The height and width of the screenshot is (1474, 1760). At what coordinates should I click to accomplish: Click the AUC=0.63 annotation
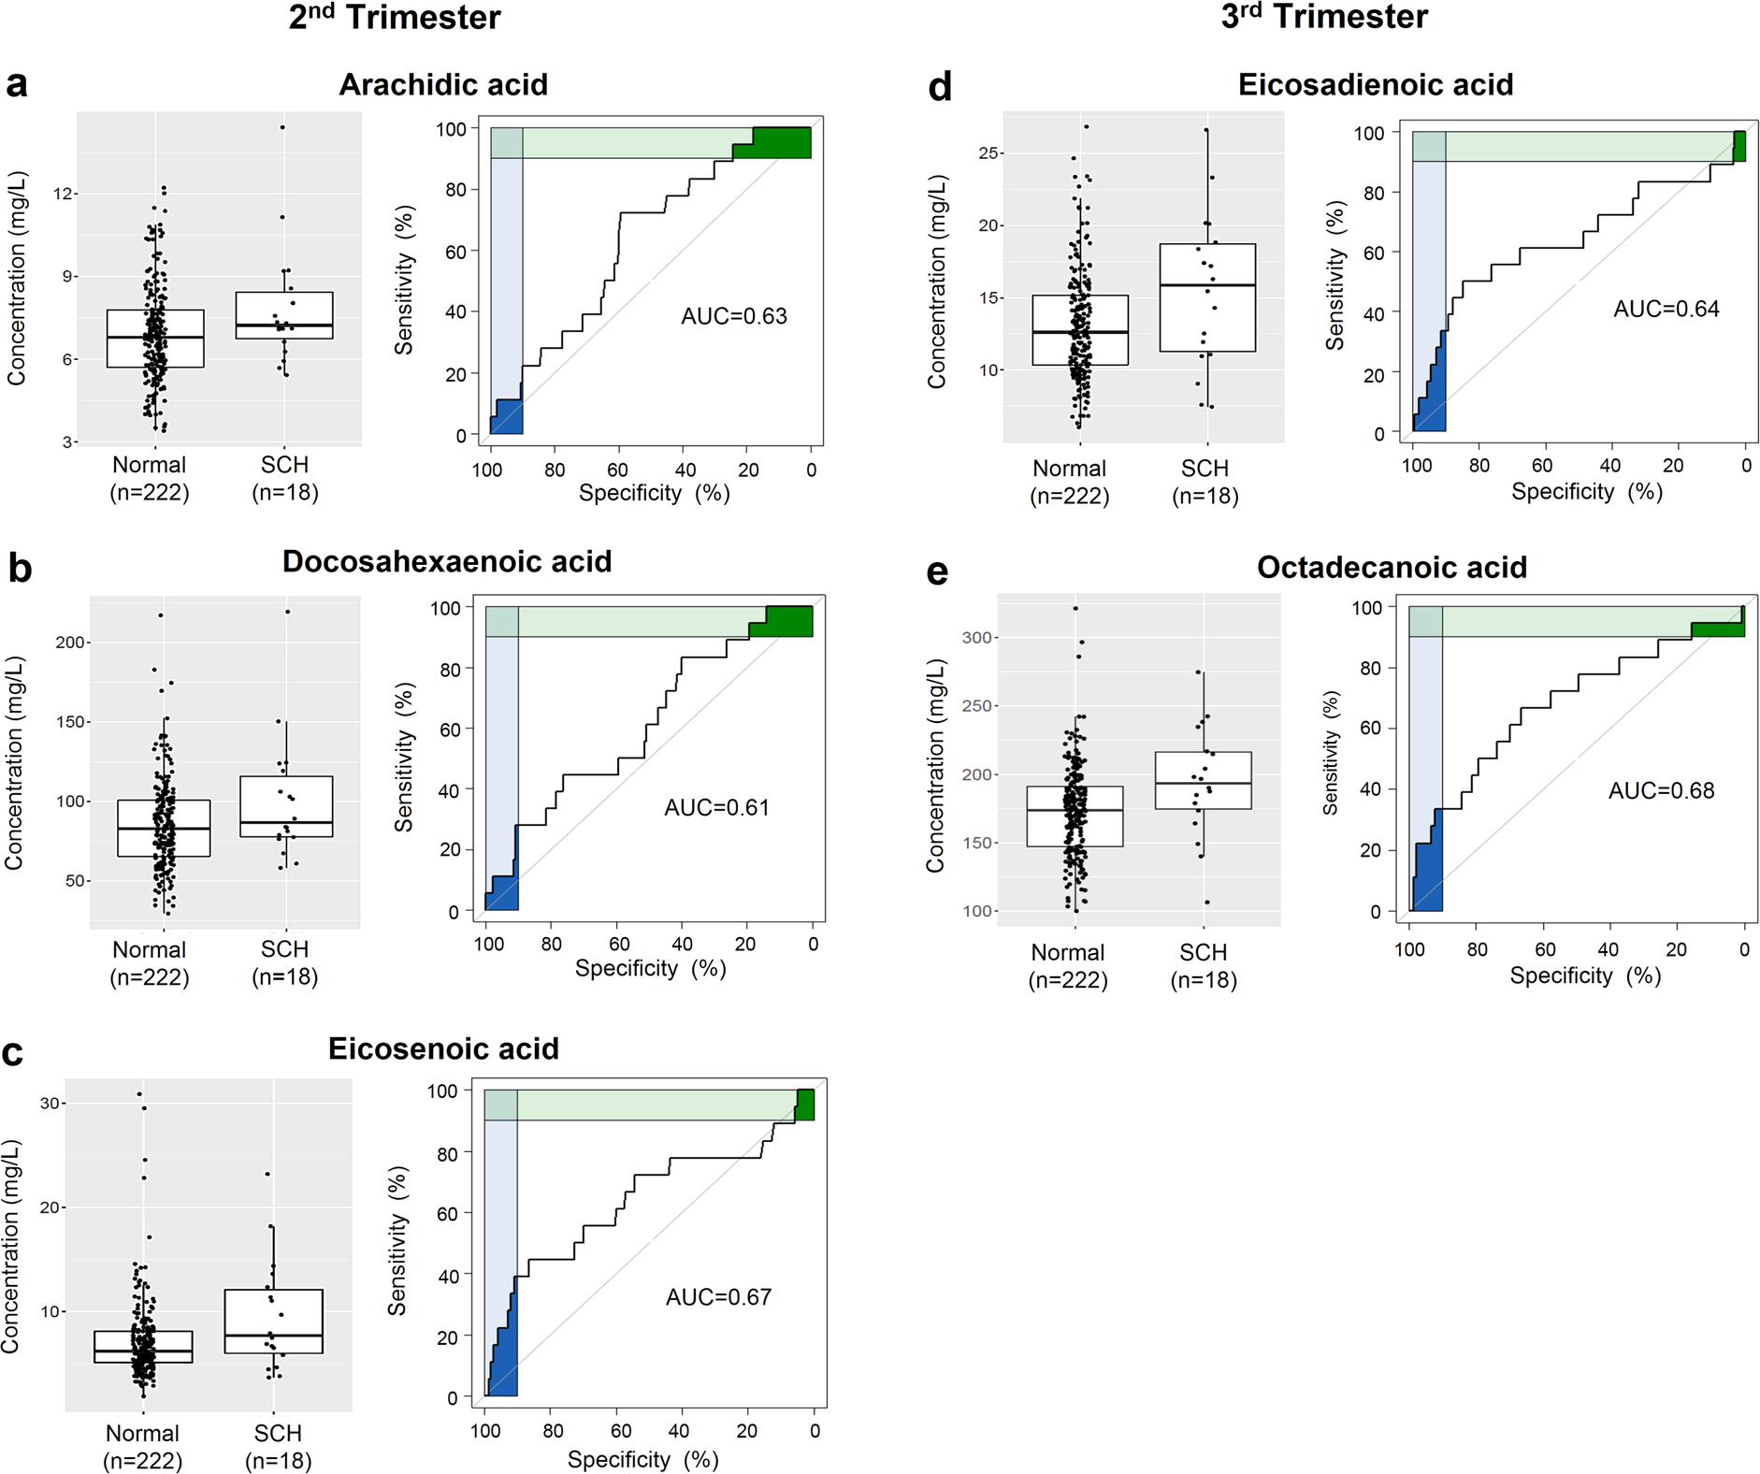point(733,316)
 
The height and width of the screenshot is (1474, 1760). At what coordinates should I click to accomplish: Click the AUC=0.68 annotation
point(1661,791)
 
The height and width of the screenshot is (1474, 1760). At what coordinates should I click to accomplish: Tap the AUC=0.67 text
point(718,1297)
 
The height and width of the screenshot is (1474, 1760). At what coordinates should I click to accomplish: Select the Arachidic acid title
point(442,85)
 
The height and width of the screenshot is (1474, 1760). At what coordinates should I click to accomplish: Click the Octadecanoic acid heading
point(1391,568)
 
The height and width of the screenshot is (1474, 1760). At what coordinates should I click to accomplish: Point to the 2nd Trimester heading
point(394,18)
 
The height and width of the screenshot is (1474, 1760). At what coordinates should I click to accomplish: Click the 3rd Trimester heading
point(1323,18)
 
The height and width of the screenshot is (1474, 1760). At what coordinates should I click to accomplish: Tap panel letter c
point(13,1053)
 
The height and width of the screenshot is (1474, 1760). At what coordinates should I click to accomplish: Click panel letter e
point(936,571)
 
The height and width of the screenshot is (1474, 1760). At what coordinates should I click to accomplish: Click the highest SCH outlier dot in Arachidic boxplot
point(282,127)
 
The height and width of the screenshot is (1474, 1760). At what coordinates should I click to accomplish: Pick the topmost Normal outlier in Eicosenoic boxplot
point(139,1093)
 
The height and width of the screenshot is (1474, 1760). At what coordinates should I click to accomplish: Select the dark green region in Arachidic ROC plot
point(781,142)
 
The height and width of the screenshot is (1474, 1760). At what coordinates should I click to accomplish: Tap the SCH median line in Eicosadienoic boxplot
point(1206,285)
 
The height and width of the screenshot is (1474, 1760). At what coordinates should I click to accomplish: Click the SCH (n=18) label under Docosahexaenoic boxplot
point(284,963)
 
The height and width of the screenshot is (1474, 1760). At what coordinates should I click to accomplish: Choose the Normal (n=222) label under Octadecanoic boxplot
point(1067,966)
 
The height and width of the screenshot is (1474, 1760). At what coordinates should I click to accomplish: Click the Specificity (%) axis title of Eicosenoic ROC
point(642,1459)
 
